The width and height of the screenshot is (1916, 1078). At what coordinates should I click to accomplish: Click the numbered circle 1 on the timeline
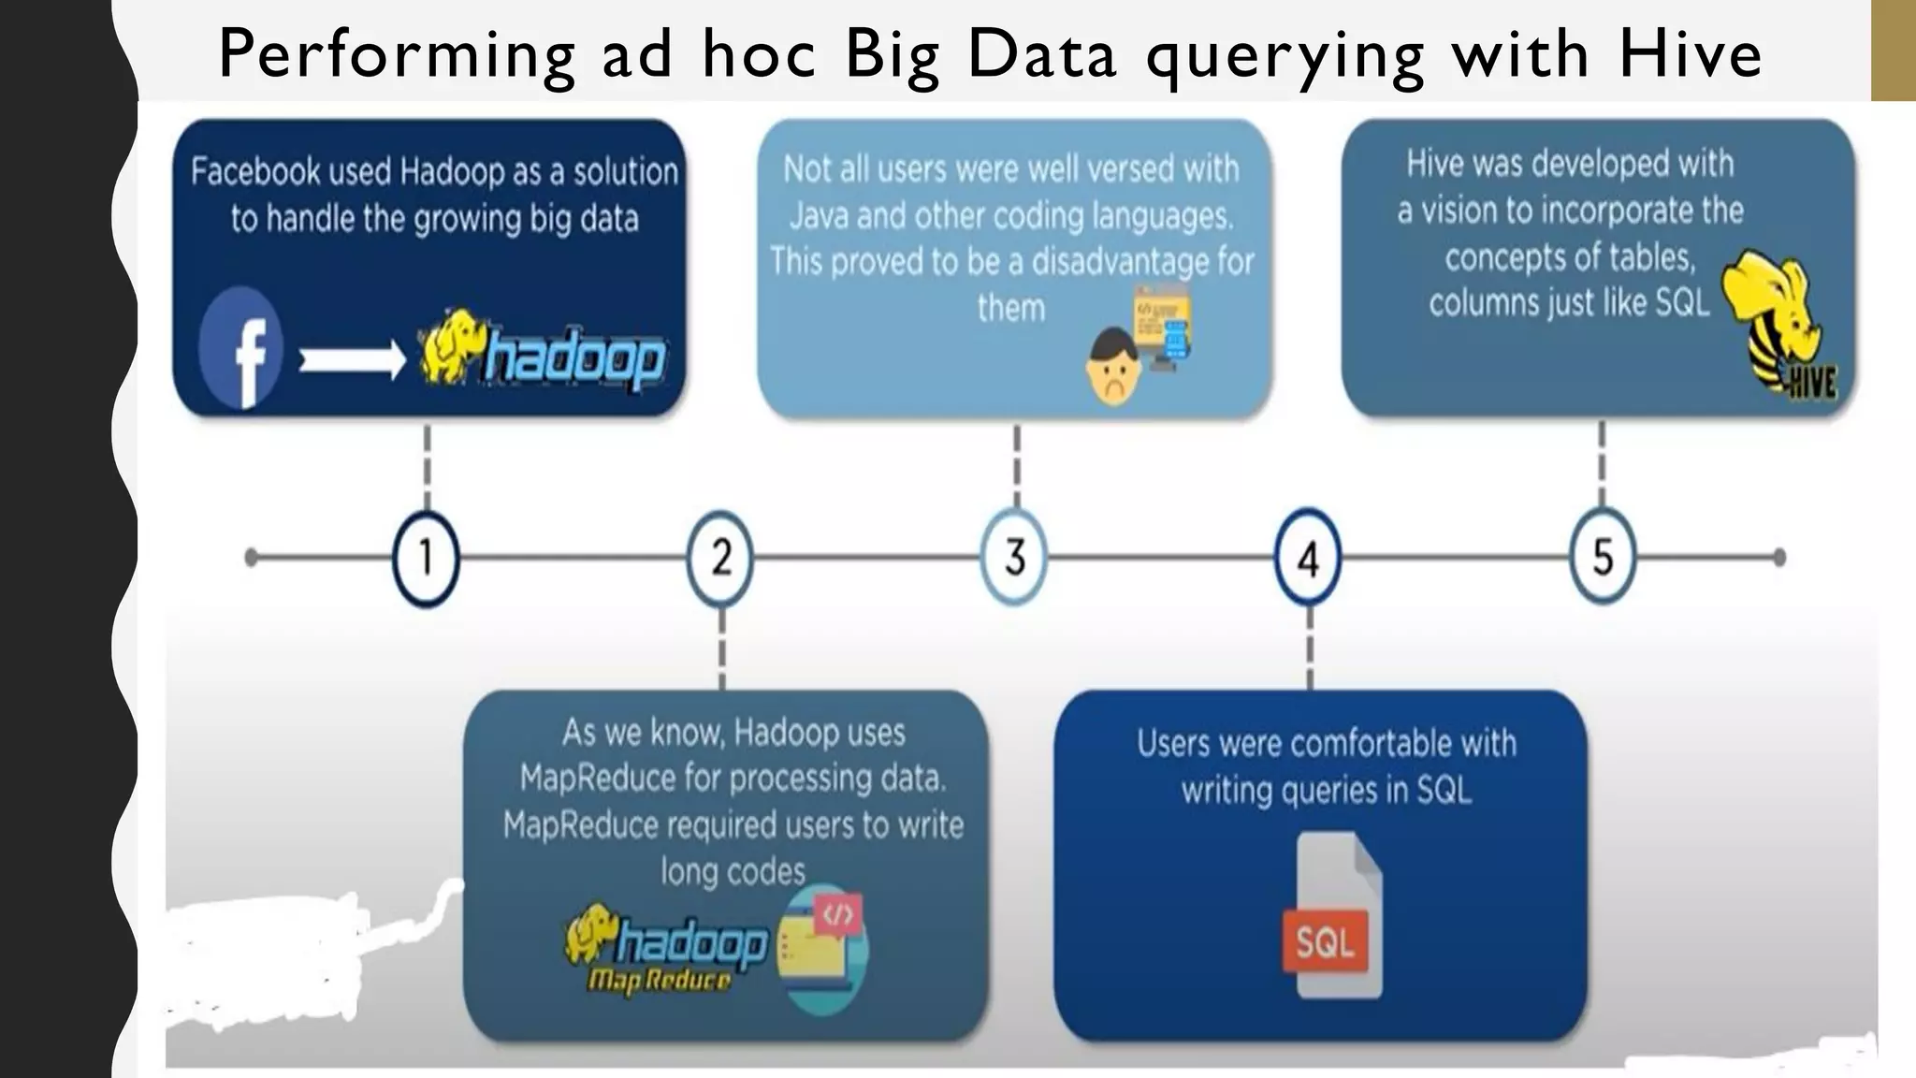coord(426,558)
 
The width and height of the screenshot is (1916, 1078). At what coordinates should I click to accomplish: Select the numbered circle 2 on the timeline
coord(720,558)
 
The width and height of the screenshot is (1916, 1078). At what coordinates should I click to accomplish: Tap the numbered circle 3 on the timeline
coord(1015,558)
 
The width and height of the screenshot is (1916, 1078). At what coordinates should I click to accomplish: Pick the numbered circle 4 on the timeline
coord(1309,559)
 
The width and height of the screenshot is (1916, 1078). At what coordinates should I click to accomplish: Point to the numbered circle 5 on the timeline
coord(1603,558)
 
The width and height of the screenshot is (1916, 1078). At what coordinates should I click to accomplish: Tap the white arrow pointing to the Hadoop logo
coord(352,359)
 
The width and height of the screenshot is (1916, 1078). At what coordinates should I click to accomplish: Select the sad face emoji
coord(1113,367)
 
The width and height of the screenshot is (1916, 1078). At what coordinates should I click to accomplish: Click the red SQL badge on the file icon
coord(1325,940)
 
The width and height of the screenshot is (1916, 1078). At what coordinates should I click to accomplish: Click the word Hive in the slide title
coord(1690,53)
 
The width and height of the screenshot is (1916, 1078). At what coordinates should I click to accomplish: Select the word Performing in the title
coord(397,55)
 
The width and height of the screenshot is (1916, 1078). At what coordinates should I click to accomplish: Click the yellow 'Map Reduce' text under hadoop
coord(660,980)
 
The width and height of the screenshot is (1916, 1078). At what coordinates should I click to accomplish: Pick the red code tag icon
coord(837,914)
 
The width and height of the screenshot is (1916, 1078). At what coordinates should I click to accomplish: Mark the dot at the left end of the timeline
coord(251,558)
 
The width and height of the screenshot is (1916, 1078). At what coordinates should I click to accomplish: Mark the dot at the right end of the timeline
coord(1778,558)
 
